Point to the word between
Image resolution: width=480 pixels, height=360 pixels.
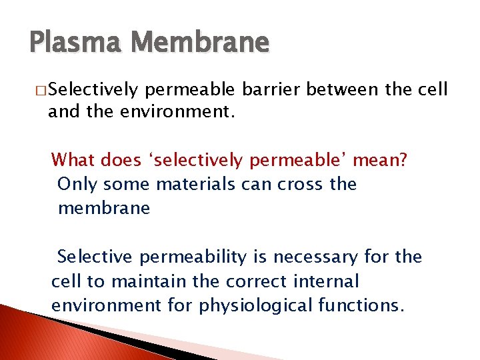coord(349,89)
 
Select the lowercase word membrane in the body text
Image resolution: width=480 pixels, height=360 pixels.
coord(104,208)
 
